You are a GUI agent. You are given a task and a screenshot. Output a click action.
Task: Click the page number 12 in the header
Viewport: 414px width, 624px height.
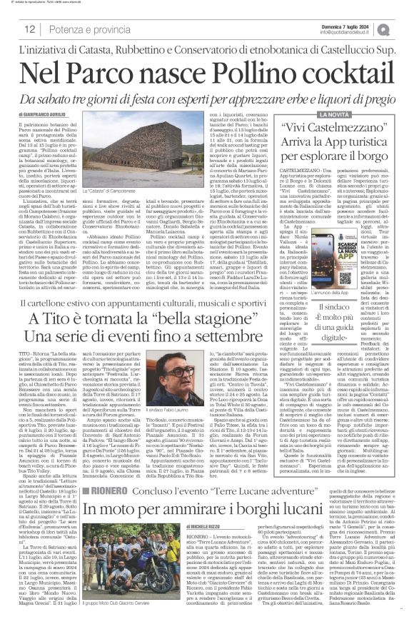click(31, 29)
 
